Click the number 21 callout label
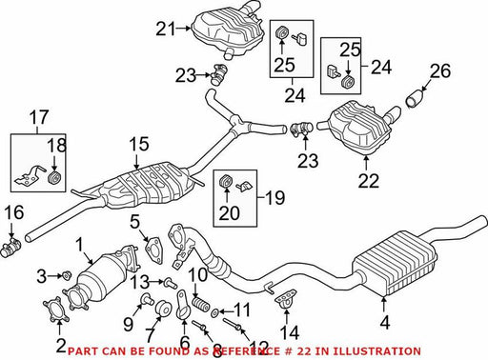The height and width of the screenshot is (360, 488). tap(166, 30)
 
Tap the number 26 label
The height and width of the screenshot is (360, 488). tap(440, 71)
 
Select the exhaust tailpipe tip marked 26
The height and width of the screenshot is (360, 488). tap(416, 98)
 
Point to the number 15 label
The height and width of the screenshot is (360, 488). tap(139, 144)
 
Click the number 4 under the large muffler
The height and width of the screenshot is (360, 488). tap(385, 323)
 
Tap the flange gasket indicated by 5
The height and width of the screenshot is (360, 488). tap(154, 250)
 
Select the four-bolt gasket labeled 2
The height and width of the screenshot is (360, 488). tap(56, 309)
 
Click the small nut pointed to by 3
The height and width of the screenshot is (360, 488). tap(66, 275)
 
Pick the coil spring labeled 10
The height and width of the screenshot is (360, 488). tap(200, 304)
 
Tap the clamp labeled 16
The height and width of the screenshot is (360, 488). tap(11, 248)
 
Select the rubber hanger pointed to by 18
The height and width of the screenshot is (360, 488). tap(53, 178)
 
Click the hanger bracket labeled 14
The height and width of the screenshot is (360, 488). tap(285, 298)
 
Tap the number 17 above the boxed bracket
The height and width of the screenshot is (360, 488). tap(39, 117)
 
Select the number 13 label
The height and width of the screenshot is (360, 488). tap(140, 282)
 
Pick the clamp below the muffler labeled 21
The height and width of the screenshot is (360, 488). tap(219, 74)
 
